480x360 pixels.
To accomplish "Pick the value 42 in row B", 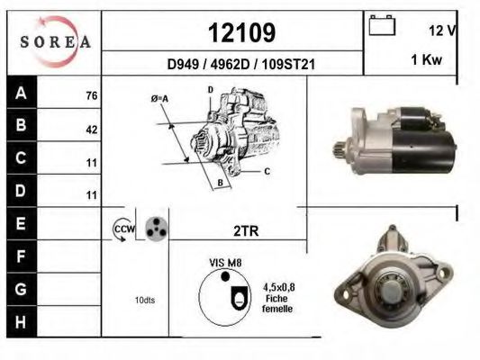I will tap(91, 129).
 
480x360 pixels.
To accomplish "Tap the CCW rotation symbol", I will tap(122, 230).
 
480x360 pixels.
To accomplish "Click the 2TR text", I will tap(246, 230).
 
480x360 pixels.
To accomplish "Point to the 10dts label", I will tap(144, 300).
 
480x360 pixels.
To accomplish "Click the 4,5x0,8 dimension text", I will tap(278, 287).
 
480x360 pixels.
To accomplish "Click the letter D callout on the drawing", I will tap(210, 90).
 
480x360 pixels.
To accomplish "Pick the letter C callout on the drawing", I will tap(267, 170).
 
